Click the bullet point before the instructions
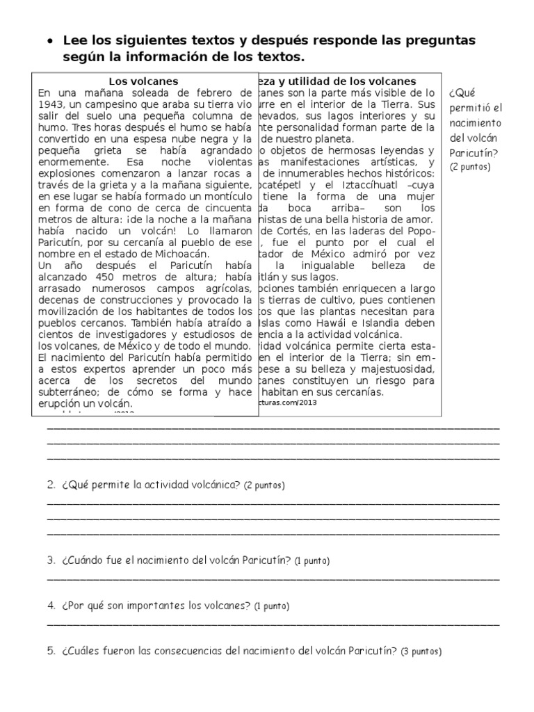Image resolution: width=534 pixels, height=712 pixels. pyautogui.click(x=50, y=41)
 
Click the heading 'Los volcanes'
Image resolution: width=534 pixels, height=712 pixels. pyautogui.click(x=144, y=81)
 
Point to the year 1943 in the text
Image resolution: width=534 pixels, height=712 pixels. pyautogui.click(x=52, y=104)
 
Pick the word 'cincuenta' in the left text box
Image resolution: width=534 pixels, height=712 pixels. pyautogui.click(x=229, y=208)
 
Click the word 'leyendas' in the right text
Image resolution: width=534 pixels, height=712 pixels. pyautogui.click(x=410, y=150)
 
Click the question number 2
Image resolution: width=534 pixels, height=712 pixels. pyautogui.click(x=51, y=485)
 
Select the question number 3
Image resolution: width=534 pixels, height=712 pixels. pyautogui.click(x=51, y=560)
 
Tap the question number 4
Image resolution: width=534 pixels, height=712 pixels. pyautogui.click(x=51, y=606)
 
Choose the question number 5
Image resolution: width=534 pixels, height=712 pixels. pyautogui.click(x=51, y=652)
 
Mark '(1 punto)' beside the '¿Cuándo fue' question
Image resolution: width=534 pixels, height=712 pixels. pyautogui.click(x=311, y=560)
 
